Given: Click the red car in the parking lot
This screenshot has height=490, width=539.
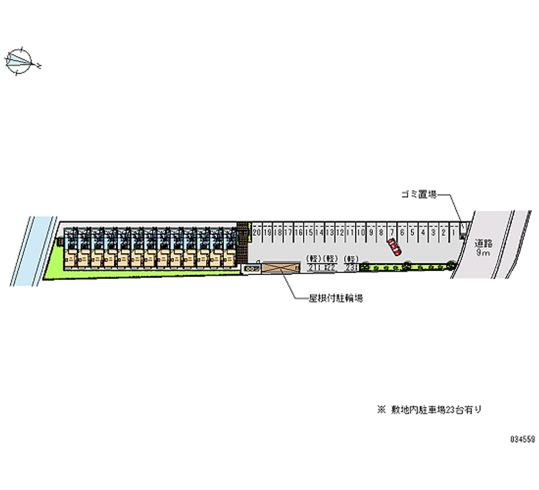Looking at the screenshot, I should point(394,248).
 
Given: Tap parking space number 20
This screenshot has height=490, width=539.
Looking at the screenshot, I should point(257,233).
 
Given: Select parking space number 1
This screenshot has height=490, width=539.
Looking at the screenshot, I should point(455,233).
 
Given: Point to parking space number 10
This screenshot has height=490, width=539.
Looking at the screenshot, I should point(362,233).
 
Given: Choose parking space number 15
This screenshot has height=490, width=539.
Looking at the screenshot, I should point(309,233).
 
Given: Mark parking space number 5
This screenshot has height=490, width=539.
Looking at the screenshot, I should point(412,233).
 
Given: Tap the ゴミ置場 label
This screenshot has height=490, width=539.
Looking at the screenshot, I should point(416,195).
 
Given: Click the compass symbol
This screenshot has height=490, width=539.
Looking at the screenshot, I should point(22,61).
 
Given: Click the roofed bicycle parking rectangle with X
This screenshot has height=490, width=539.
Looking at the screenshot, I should point(279,268).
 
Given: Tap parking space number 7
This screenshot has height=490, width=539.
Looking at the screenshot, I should point(391,233).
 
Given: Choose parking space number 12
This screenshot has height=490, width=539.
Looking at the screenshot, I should point(341,233).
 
